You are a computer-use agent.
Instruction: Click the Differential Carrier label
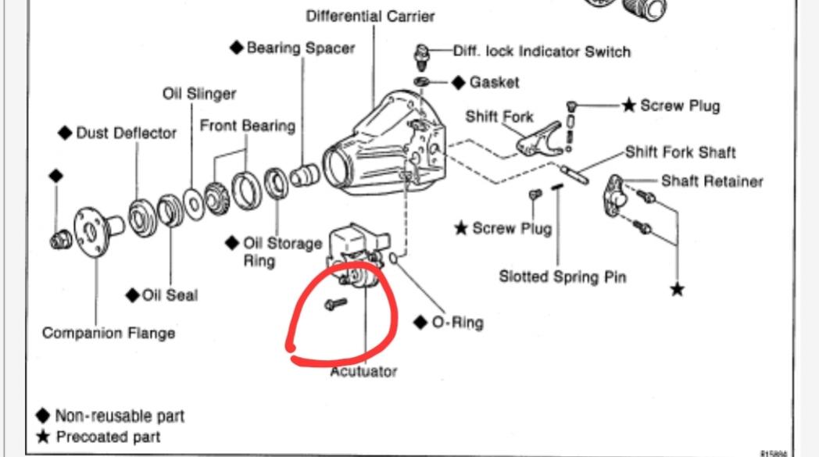point(370,16)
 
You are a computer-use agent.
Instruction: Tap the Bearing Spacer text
point(300,48)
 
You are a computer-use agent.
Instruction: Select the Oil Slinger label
point(199,94)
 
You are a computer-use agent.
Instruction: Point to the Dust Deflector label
point(127,133)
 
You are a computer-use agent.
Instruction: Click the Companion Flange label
point(109,334)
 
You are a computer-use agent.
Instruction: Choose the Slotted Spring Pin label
point(563,277)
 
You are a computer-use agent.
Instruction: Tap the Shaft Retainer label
point(712,181)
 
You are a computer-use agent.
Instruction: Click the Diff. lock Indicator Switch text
point(542,52)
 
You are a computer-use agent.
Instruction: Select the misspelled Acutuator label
point(363,372)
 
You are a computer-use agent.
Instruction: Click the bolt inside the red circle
point(335,303)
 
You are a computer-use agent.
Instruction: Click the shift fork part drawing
point(539,140)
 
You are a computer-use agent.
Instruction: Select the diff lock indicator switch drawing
point(421,57)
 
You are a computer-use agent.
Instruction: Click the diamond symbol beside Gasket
point(459,83)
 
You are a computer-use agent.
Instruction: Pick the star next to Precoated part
point(43,437)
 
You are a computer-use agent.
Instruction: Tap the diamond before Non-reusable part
point(43,416)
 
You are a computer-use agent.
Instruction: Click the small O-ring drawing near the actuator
point(394,259)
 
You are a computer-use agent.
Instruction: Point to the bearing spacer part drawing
point(305,176)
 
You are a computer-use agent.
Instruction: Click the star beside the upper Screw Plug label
point(629,105)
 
